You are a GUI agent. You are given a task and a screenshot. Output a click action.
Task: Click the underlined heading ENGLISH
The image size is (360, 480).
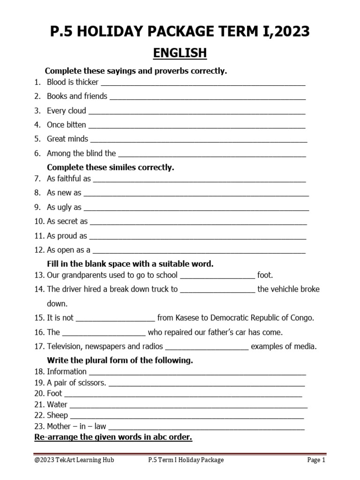pyautogui.click(x=180, y=53)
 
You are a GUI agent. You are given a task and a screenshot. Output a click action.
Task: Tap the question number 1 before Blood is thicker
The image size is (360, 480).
pyautogui.click(x=37, y=82)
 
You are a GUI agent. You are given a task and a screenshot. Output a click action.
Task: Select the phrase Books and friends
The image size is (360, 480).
pyautogui.click(x=77, y=96)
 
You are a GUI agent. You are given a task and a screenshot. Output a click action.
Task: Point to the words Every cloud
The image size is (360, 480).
pyautogui.click(x=67, y=111)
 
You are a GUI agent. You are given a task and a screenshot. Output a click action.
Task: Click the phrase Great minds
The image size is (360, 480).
pyautogui.click(x=67, y=139)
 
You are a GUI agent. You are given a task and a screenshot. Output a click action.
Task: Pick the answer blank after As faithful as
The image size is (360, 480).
pyautogui.click(x=199, y=179)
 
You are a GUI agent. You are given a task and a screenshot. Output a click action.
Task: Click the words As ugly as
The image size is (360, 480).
pyautogui.click(x=64, y=207)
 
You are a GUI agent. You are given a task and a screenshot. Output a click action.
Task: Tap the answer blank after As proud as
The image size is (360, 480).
pyautogui.click(x=197, y=236)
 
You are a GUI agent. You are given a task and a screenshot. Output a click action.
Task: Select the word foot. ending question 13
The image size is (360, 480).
pyautogui.click(x=265, y=275)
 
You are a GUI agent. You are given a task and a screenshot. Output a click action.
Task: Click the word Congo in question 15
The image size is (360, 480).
pyautogui.click(x=302, y=318)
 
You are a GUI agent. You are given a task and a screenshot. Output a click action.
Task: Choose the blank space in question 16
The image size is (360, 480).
pyautogui.click(x=104, y=332)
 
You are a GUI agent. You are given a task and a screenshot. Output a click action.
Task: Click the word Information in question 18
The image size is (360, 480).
pyautogui.click(x=67, y=372)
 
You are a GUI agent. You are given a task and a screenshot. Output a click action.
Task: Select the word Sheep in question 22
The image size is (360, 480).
pyautogui.click(x=57, y=415)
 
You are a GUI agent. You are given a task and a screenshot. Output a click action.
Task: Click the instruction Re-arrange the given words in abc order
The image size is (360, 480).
pyautogui.click(x=113, y=437)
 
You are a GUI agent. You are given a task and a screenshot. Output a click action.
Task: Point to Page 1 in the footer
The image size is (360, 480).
pyautogui.click(x=316, y=460)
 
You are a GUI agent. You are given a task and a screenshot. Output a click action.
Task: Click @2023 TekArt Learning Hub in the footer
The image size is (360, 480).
pyautogui.click(x=74, y=460)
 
